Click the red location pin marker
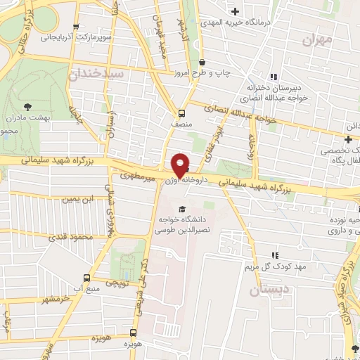click(x=181, y=165)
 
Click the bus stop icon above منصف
click(x=181, y=112)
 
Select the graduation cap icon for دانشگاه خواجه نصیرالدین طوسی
click(x=183, y=209)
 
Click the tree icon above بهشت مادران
click(x=27, y=106)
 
